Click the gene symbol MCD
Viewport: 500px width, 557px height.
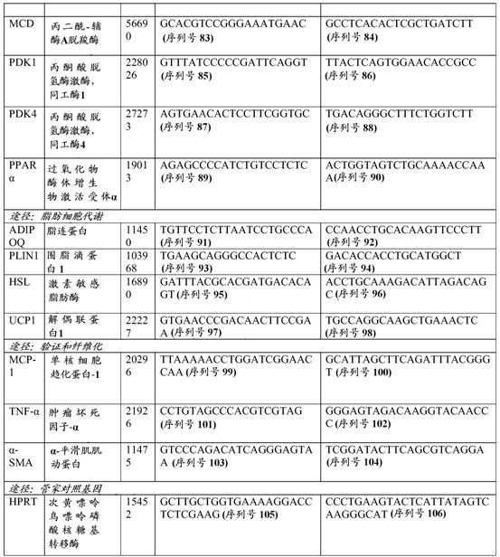click(21, 18)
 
